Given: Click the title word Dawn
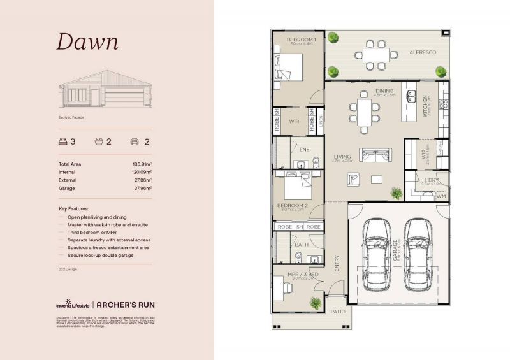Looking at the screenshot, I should (87, 41).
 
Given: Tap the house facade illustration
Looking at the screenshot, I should (105, 92).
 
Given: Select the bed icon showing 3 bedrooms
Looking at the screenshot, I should (62, 141).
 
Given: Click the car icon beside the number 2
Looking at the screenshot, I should (135, 141).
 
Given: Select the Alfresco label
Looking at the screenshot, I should (423, 52).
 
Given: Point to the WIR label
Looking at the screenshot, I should (294, 121).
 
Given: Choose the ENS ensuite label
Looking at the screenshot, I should (304, 150).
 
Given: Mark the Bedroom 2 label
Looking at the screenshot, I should (293, 206).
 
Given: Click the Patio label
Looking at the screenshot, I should (337, 312).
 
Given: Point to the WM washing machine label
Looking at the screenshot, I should (441, 196).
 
